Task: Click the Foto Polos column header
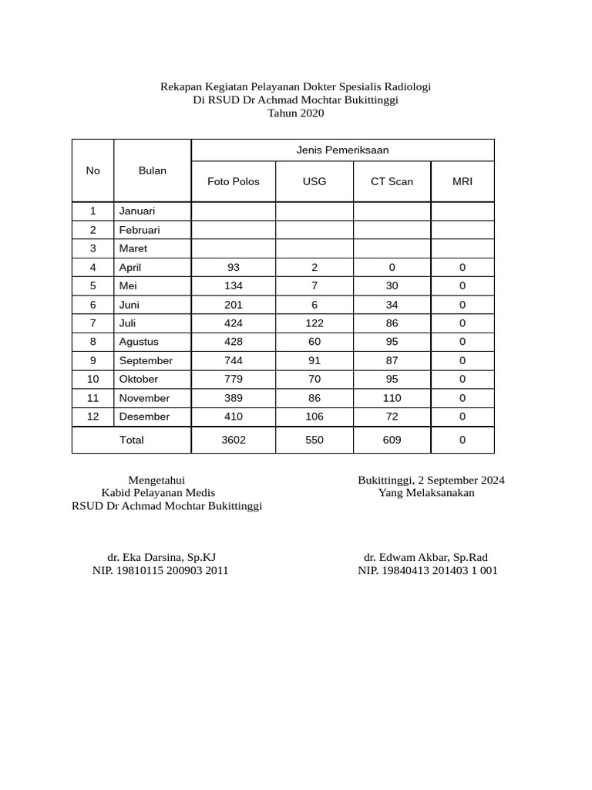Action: click(x=234, y=182)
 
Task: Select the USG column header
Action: click(x=314, y=182)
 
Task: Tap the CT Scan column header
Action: click(x=392, y=182)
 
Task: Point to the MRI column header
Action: click(x=462, y=182)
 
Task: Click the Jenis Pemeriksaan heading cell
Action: click(x=342, y=150)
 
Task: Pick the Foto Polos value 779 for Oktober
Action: click(x=234, y=380)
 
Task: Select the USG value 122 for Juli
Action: click(x=314, y=323)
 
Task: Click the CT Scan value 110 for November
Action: click(x=392, y=398)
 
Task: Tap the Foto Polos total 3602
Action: click(x=234, y=441)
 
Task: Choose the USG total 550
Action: click(x=314, y=441)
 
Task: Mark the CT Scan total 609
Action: click(x=392, y=441)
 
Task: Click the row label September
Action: click(x=146, y=361)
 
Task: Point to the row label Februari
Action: click(x=140, y=230)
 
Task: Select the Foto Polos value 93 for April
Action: click(x=234, y=268)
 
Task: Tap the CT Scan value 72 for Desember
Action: click(x=392, y=417)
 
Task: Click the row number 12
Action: click(x=93, y=417)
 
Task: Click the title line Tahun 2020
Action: click(x=296, y=113)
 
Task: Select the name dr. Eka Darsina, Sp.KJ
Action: click(x=166, y=558)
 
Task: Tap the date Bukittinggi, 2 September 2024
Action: click(x=431, y=481)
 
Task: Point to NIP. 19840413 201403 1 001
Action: click(x=427, y=571)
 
